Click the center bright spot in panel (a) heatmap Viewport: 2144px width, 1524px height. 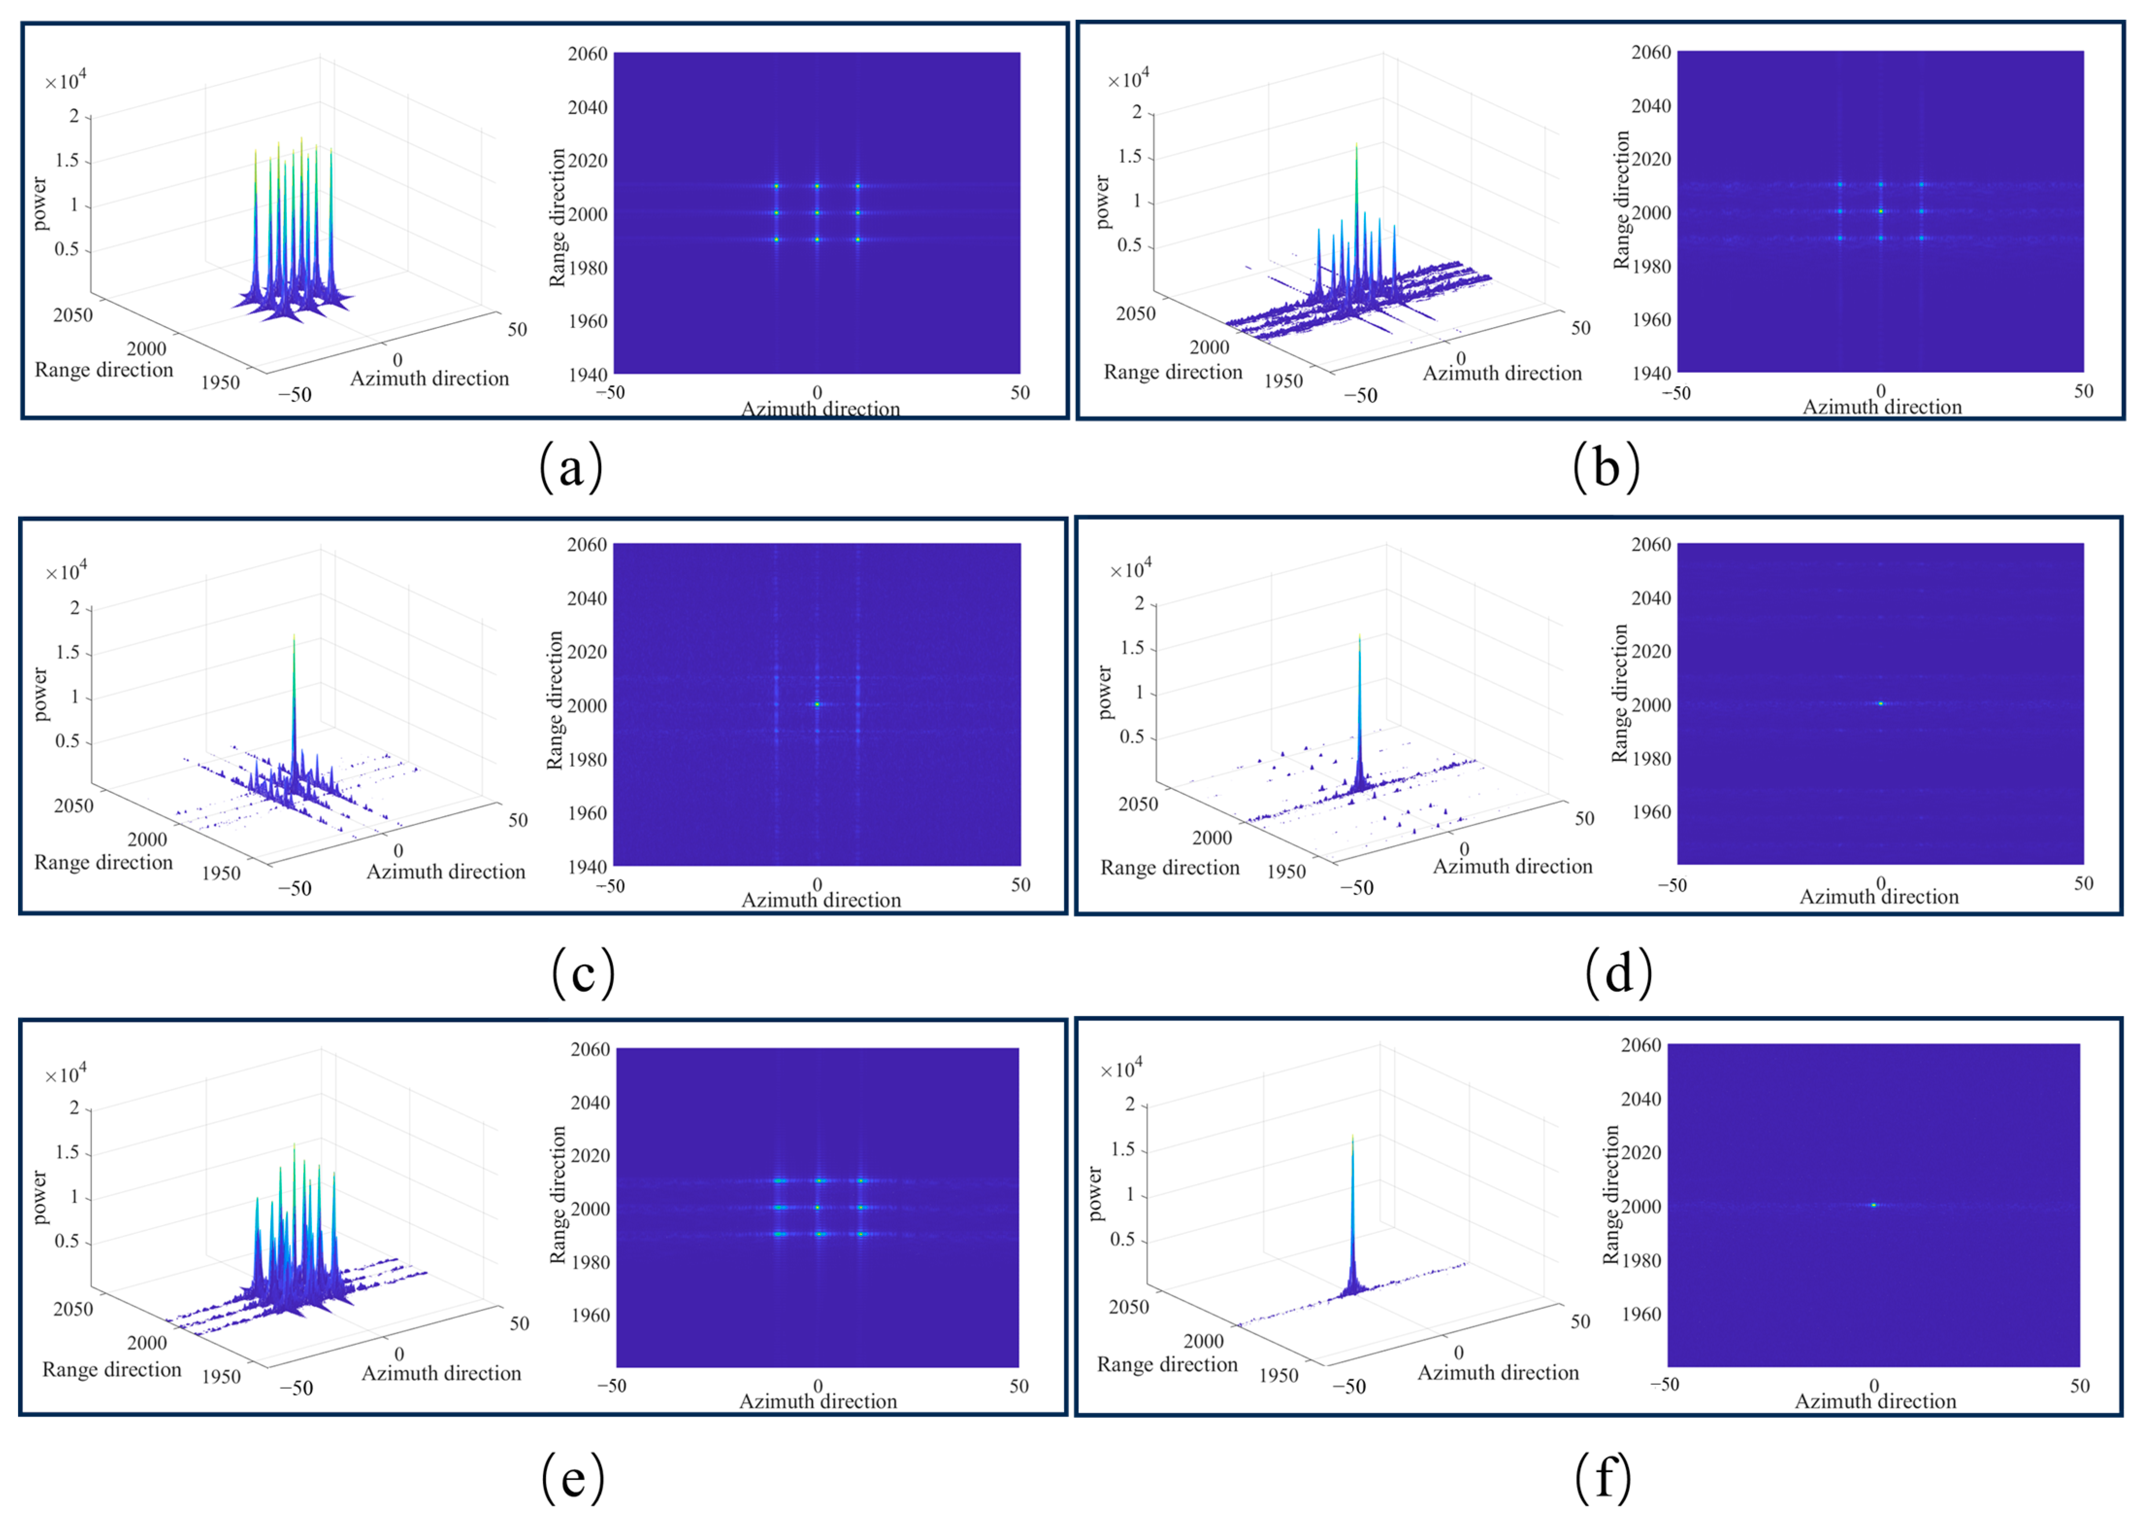[x=817, y=213]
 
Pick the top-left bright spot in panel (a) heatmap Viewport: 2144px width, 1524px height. [x=777, y=186]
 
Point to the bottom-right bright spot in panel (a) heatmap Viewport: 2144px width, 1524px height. [x=858, y=240]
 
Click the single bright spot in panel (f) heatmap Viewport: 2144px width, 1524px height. [x=1874, y=1205]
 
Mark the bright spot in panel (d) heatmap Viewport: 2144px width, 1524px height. [x=1881, y=703]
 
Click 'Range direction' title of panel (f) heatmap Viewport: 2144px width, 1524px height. [x=1611, y=1195]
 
